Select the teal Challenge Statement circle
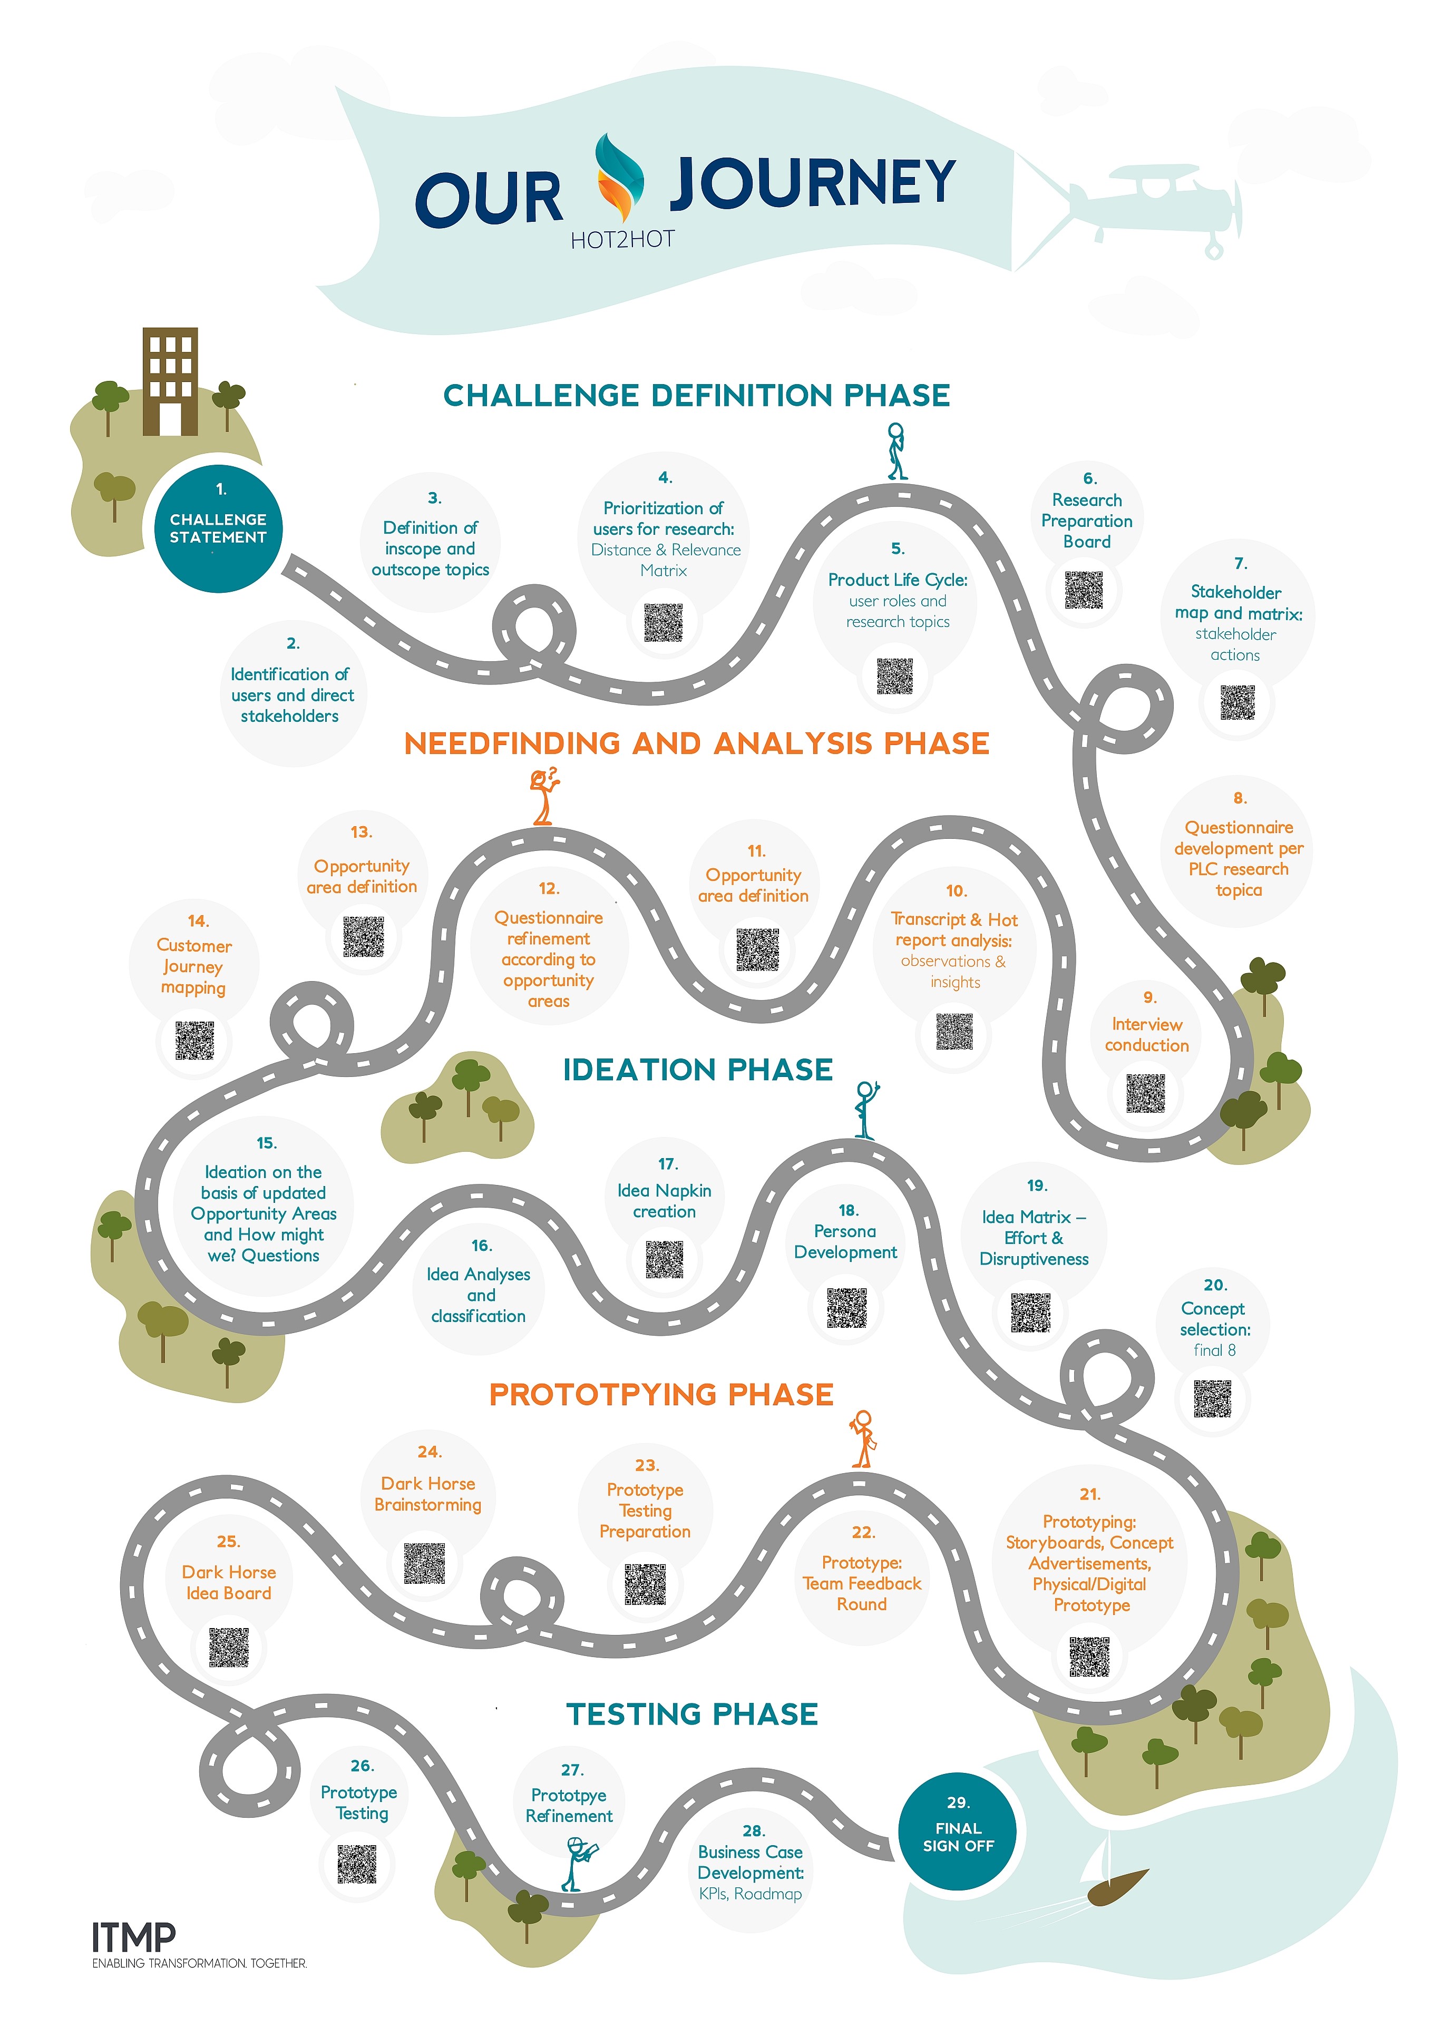pyautogui.click(x=218, y=528)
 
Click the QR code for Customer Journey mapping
pyautogui.click(x=194, y=1040)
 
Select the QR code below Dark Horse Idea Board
pyautogui.click(x=228, y=1647)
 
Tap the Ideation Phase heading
pyautogui.click(x=698, y=1070)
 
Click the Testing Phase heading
pyautogui.click(x=693, y=1714)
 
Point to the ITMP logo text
pyautogui.click(x=133, y=1935)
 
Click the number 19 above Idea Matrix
pyautogui.click(x=1036, y=1186)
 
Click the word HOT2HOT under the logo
pyautogui.click(x=622, y=240)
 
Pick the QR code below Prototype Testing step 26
pyautogui.click(x=357, y=1863)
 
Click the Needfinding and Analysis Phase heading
pyautogui.click(x=697, y=743)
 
